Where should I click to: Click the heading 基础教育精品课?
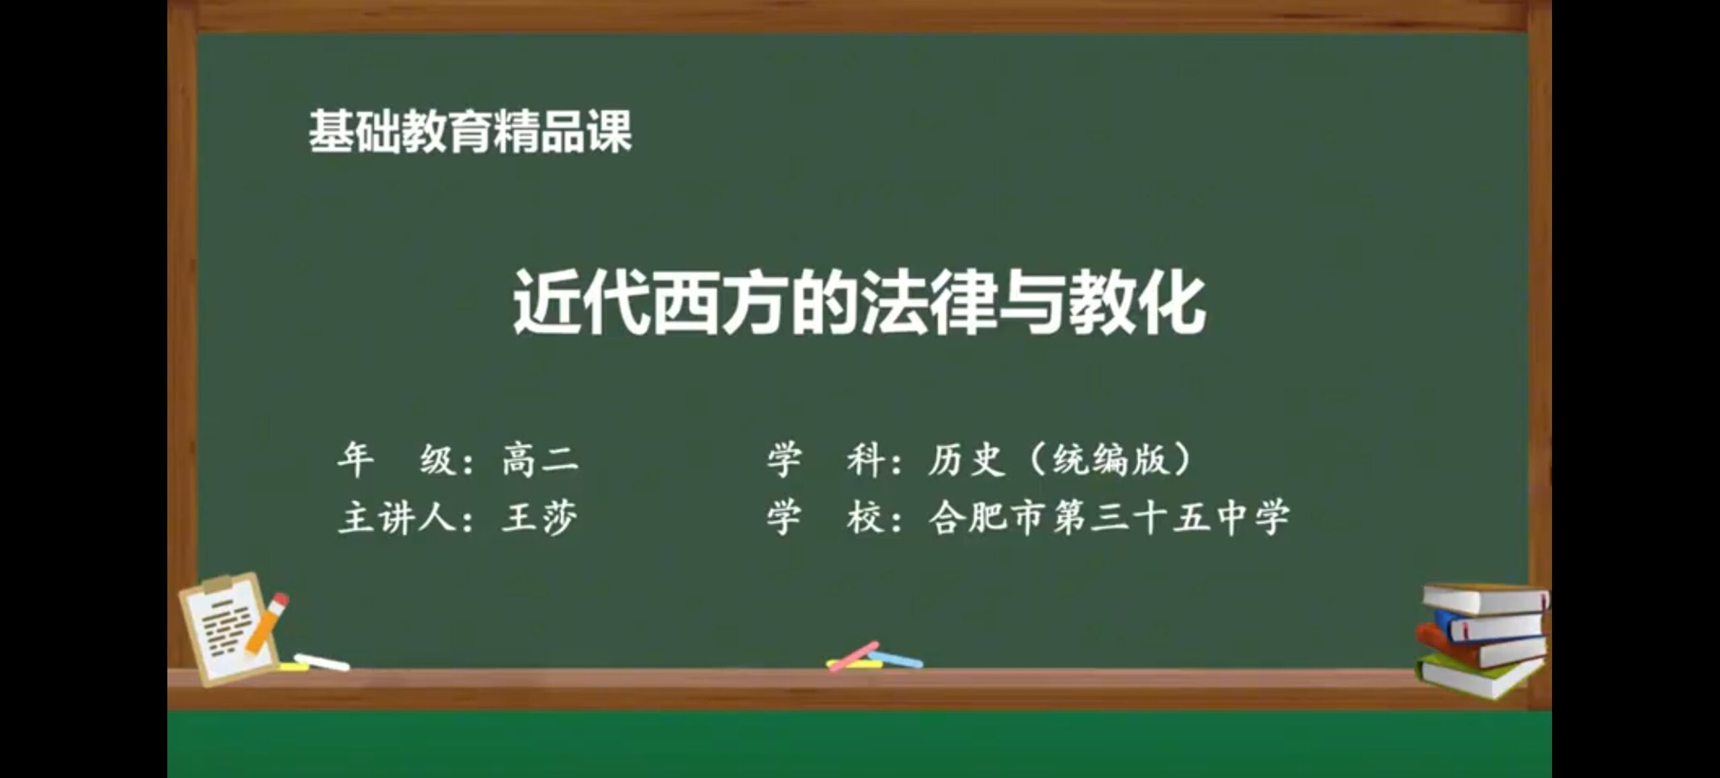click(x=470, y=132)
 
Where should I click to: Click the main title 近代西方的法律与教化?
click(x=859, y=302)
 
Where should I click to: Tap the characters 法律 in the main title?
click(x=928, y=302)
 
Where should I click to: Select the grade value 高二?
click(x=540, y=460)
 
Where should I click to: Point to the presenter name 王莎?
click(x=540, y=518)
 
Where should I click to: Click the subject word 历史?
click(x=967, y=460)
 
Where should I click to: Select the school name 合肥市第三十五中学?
click(x=1109, y=518)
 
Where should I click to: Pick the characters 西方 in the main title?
click(x=720, y=302)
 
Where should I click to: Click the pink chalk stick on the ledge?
click(x=853, y=656)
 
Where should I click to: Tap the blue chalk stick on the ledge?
click(x=896, y=659)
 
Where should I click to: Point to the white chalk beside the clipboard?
click(x=322, y=662)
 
